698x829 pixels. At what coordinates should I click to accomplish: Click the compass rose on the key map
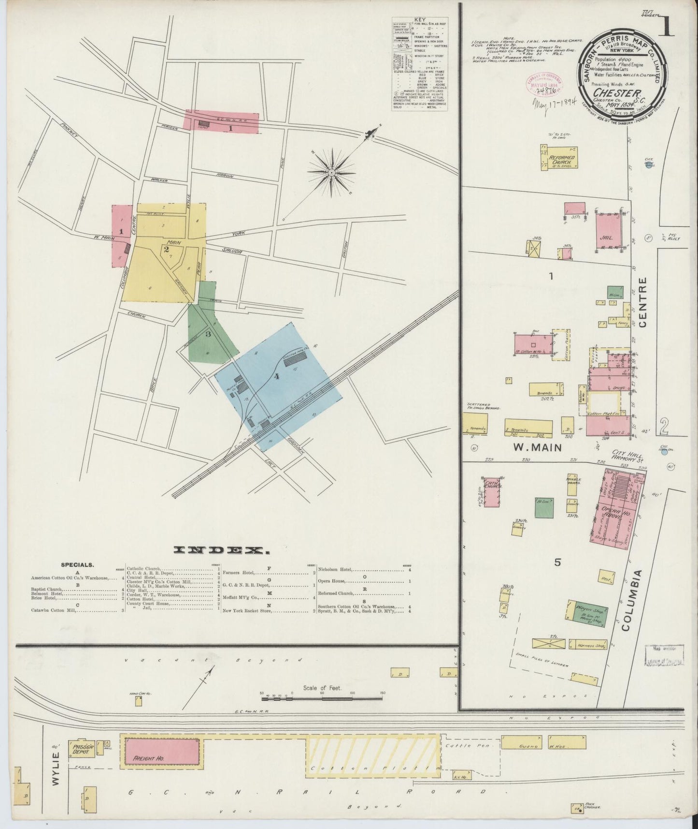[332, 172]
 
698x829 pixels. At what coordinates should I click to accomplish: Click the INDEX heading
[221, 550]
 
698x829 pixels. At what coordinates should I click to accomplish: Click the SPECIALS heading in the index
[77, 564]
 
